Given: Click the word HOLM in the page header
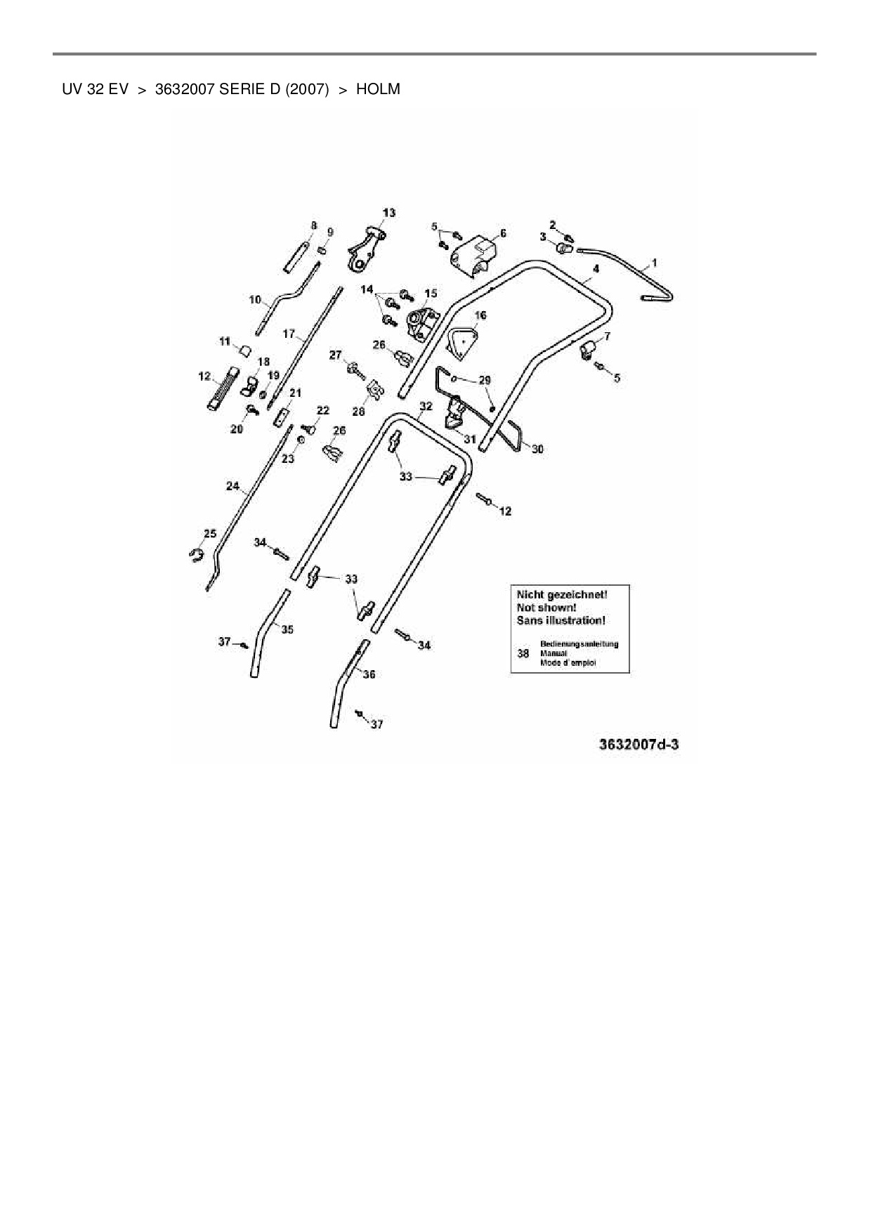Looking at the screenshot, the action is (x=378, y=90).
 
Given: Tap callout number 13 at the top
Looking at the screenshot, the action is (x=388, y=213).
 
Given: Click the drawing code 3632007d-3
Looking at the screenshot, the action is (x=639, y=745).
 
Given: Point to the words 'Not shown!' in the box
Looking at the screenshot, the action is (x=546, y=608).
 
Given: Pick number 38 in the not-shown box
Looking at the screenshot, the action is (x=523, y=653).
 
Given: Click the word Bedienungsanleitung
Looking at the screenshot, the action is (x=579, y=644).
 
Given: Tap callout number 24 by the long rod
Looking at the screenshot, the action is (x=233, y=485).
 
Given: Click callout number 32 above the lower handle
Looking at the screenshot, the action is (x=426, y=406).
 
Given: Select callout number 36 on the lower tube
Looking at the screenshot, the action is (x=369, y=674).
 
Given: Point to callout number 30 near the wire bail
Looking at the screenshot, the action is (x=537, y=450).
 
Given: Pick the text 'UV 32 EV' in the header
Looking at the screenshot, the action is (x=95, y=90).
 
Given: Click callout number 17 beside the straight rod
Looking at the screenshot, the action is (x=289, y=334).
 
